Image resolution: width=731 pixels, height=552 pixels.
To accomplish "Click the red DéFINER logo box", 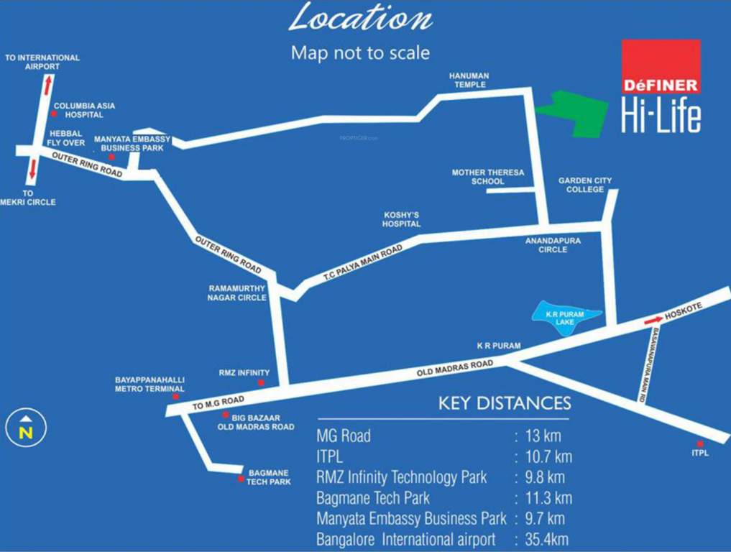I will [x=661, y=67].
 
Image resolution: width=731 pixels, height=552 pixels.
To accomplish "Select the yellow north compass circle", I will [x=26, y=428].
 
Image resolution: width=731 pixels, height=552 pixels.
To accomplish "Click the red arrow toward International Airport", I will [x=48, y=86].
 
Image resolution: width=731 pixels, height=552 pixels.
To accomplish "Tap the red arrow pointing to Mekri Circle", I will [x=32, y=169].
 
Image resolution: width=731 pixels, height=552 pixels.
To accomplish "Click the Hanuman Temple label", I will [x=468, y=80].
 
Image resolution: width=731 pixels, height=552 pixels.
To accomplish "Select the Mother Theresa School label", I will [x=488, y=177].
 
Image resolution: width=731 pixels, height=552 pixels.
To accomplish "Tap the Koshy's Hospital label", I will [x=402, y=219].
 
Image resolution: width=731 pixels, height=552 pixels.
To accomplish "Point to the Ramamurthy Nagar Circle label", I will [x=237, y=293].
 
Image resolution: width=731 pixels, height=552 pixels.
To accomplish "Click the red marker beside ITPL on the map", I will [x=699, y=443].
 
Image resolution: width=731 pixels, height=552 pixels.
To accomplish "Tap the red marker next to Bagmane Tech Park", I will [x=240, y=477].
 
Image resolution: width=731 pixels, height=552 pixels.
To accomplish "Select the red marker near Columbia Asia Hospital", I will [x=53, y=114].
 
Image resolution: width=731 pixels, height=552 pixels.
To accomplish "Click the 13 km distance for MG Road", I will [x=543, y=436].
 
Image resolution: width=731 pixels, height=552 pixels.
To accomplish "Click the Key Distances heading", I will [x=505, y=402].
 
